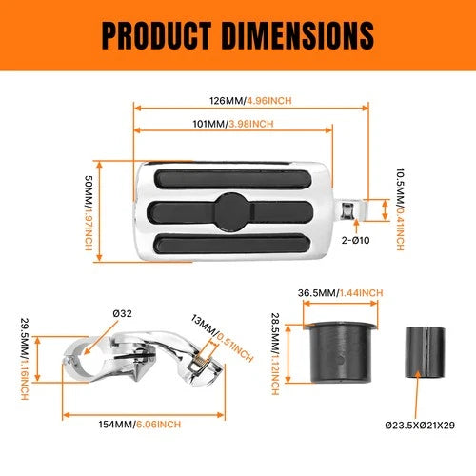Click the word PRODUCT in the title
pos(157,35)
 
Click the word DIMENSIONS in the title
pos(298,35)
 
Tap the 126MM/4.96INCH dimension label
pos(250,101)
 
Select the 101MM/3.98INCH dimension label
pos(233,124)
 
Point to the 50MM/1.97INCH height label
pos(89,213)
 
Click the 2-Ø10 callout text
pos(355,240)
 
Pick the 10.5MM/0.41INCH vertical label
pos(400,209)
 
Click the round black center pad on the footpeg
pos(232,212)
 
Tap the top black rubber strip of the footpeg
pos(232,179)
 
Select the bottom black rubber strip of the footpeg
pos(232,244)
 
